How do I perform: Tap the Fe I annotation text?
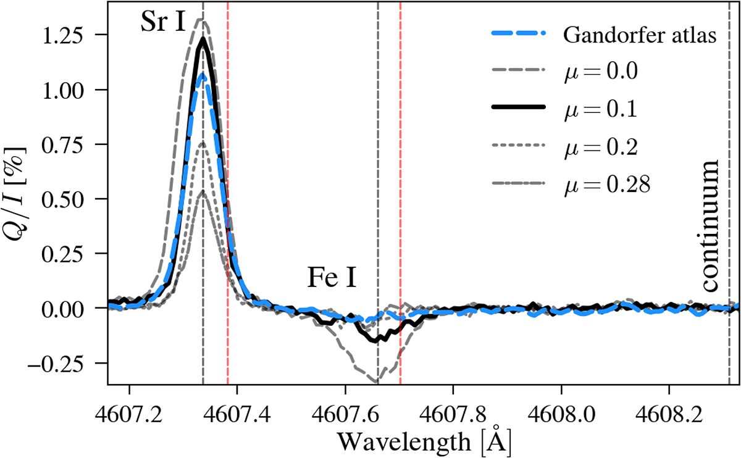[331, 280]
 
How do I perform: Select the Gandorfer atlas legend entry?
[639, 35]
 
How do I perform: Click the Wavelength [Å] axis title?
[424, 439]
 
